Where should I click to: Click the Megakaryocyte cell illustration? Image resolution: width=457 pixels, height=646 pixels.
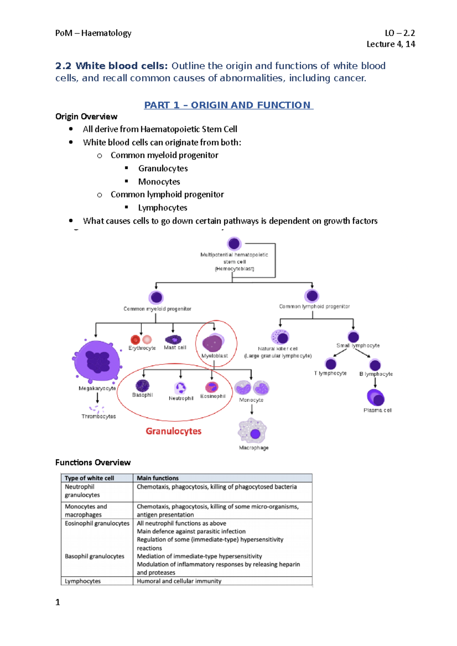pos(97,361)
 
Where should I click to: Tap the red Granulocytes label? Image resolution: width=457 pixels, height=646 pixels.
pos(173,431)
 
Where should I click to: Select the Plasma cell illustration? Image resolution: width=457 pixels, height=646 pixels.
pos(376,398)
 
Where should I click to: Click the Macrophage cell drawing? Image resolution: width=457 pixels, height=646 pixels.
pos(252,431)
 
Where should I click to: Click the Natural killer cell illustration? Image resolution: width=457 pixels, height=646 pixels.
pos(280,337)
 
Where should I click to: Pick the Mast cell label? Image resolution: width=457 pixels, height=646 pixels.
pos(175,347)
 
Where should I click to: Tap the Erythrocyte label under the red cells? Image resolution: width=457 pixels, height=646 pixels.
pos(142,348)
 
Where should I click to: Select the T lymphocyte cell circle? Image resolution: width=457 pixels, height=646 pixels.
pos(331,364)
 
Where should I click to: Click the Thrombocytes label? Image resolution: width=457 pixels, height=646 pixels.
pos(99,417)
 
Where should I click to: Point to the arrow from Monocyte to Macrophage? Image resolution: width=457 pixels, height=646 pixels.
pos(252,409)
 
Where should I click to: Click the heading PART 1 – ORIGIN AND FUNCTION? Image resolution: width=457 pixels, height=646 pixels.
pos(228,105)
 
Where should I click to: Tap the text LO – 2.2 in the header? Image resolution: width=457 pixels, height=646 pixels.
pos(399,33)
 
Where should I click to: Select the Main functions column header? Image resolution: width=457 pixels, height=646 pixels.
pos(158,478)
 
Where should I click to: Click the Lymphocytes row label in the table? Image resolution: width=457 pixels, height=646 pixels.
pos(83,581)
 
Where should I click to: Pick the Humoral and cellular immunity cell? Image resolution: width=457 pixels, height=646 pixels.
pos(179,581)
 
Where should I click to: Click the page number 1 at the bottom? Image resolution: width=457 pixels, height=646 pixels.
pos(58,602)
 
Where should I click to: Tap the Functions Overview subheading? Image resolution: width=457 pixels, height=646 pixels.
pos(93,462)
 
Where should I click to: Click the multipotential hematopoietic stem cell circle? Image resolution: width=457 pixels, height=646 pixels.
pos(234,243)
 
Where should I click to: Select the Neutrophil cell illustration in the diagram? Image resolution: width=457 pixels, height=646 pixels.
pos(180,388)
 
